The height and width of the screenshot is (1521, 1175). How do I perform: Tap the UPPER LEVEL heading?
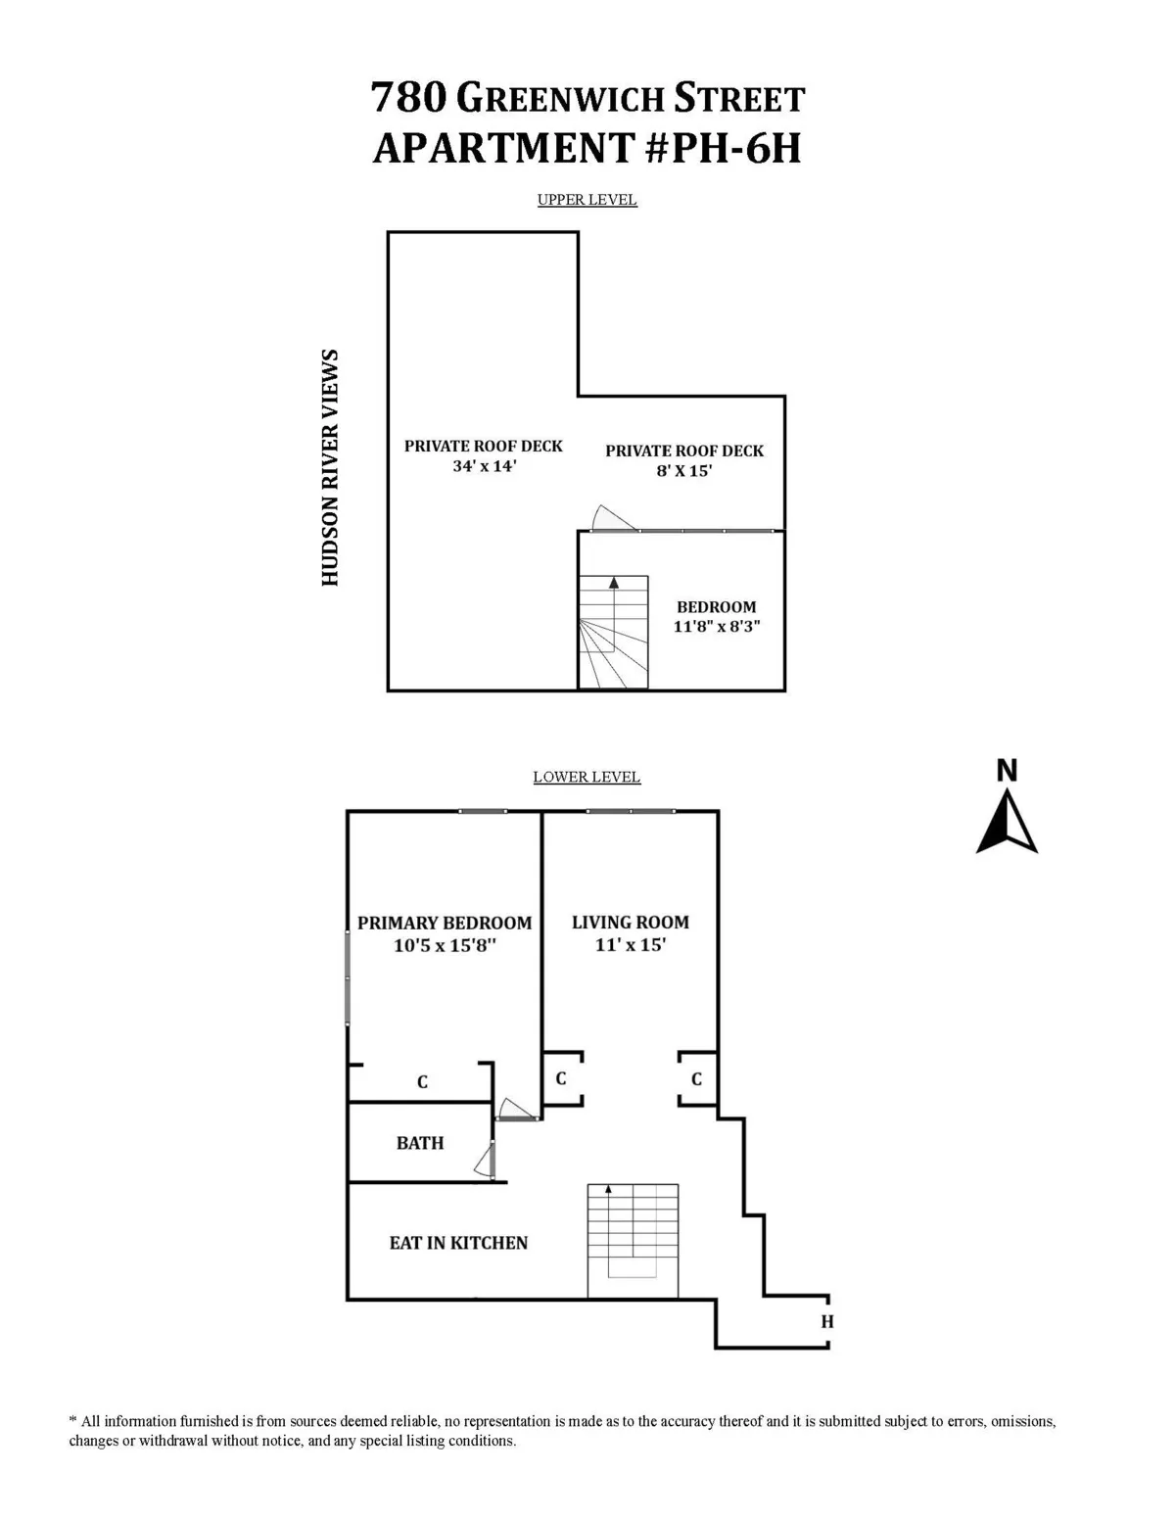pos(587,200)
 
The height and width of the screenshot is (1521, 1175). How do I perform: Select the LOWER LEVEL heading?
pos(587,777)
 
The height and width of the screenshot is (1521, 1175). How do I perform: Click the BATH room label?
pos(420,1143)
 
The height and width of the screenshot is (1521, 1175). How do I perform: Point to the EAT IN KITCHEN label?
pos(458,1243)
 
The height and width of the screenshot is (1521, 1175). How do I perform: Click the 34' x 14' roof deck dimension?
pos(484,466)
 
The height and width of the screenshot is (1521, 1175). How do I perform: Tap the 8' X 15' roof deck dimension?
pos(683,471)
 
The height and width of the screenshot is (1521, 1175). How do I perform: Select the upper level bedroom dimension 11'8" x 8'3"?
pos(717,627)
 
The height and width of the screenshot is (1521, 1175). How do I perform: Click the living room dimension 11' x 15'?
pos(630,945)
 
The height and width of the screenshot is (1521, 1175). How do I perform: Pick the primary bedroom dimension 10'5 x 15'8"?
pos(445,945)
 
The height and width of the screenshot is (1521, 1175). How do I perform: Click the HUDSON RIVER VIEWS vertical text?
pos(330,468)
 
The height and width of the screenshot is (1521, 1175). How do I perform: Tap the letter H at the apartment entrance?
pos(827,1322)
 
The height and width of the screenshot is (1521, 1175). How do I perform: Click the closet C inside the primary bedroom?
pos(422,1082)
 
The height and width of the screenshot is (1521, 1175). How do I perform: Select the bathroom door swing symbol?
pos(484,1162)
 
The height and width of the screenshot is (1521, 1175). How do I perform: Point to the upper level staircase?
pos(613,632)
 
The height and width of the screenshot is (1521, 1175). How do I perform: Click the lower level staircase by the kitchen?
pos(633,1240)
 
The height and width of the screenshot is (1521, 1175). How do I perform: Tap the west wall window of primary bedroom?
pos(348,977)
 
